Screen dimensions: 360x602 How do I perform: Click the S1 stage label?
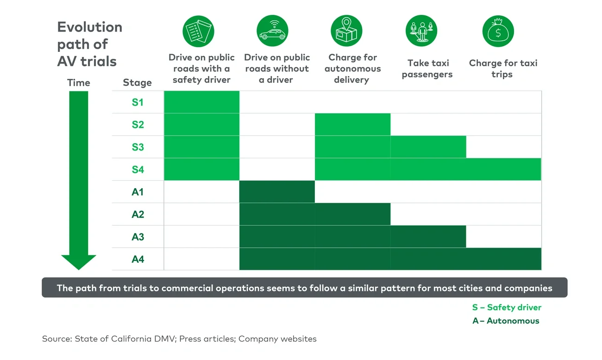(x=138, y=102)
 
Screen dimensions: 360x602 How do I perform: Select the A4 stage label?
(x=138, y=259)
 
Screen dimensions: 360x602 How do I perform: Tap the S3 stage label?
(x=138, y=147)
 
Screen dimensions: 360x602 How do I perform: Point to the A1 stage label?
(x=138, y=192)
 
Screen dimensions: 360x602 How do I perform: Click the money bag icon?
(x=498, y=31)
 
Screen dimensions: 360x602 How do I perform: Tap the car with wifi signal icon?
(x=272, y=31)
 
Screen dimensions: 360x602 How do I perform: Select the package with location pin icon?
(x=346, y=31)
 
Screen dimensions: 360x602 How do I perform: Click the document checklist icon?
(x=198, y=31)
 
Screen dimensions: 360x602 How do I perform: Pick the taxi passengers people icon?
(x=421, y=31)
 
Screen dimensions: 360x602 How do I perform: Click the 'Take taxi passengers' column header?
(x=427, y=69)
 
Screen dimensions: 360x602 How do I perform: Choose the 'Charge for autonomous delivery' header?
(x=352, y=69)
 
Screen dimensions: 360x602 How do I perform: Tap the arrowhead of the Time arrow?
(x=79, y=262)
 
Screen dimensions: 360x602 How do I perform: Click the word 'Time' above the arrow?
(x=79, y=83)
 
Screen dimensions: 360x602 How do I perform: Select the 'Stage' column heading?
(x=137, y=83)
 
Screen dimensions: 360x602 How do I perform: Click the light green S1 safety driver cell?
(x=201, y=102)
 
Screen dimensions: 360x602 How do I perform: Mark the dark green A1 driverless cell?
(x=277, y=192)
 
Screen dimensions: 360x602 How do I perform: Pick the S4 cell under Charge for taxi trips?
(x=503, y=169)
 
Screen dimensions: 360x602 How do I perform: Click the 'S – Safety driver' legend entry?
(x=506, y=307)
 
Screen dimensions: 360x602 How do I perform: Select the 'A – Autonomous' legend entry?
(x=506, y=321)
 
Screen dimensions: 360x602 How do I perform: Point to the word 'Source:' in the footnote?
(x=56, y=339)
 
